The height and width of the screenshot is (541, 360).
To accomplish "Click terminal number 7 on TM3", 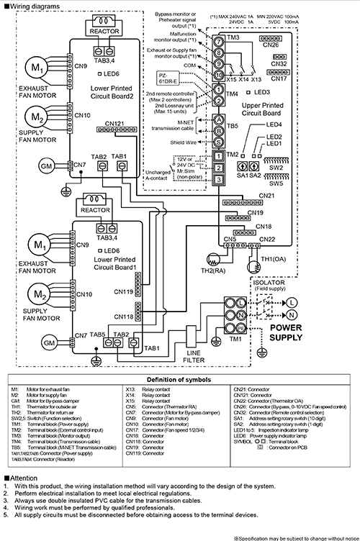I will point(217,41).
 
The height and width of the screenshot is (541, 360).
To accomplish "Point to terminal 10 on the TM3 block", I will point(217,75).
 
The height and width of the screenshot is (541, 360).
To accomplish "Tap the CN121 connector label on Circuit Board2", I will point(114,124).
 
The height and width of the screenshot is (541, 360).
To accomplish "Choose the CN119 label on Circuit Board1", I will point(124,292).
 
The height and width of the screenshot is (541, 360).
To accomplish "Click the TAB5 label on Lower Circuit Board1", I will point(97,335).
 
